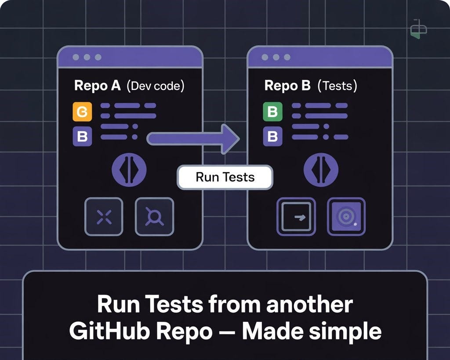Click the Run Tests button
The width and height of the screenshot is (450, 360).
[x=225, y=177]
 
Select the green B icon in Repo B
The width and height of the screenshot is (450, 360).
[x=272, y=112]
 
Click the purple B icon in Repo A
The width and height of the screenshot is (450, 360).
[x=82, y=137]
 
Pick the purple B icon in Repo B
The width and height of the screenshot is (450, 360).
[x=272, y=137]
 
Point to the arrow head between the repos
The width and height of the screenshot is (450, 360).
[x=230, y=139]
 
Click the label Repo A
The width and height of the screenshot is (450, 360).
[x=97, y=86]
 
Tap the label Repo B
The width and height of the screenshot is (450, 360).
[x=287, y=86]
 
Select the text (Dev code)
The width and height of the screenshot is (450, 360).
[x=155, y=86]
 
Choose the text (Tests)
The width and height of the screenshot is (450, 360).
[x=337, y=86]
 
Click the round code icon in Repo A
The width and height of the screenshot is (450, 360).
[x=130, y=169]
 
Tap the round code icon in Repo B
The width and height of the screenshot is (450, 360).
[x=321, y=169]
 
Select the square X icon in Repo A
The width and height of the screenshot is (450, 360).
[x=104, y=216]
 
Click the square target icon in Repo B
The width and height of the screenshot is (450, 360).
[x=346, y=216]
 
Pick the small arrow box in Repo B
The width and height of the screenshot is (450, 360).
[x=296, y=216]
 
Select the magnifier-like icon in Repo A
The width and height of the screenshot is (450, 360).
[x=154, y=216]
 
